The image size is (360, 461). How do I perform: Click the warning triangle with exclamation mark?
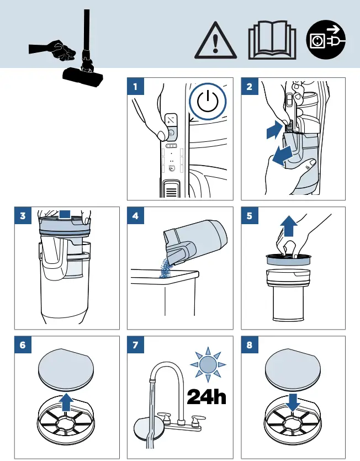coord(215,41)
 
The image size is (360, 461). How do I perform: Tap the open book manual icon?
coord(272,40)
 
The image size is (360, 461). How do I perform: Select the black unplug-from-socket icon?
coord(326,39)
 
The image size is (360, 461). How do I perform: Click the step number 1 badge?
coord(135,87)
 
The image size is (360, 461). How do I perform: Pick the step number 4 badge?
coord(135,215)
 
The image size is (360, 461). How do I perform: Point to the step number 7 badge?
coord(135,345)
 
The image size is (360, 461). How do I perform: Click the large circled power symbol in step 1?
coord(208,102)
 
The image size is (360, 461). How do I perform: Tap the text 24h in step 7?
coord(207,396)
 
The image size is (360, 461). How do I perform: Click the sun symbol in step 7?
coord(208,364)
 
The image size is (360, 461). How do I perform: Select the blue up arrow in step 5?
coord(289,226)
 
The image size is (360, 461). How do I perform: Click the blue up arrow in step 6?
coord(66,401)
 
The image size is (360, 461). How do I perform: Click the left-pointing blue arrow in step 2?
coord(282,155)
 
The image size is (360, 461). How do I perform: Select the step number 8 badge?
coord(250,345)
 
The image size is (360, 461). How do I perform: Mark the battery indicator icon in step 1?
coord(172,146)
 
